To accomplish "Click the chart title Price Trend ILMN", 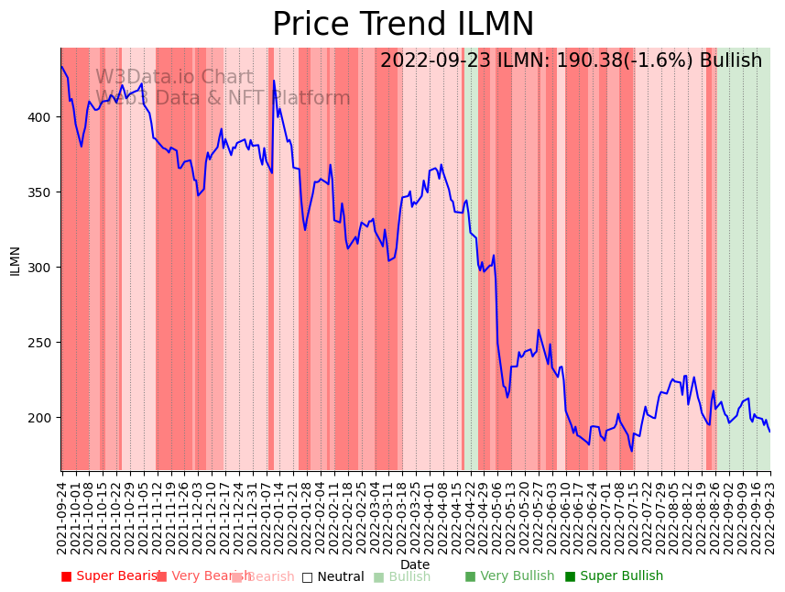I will coord(403,25).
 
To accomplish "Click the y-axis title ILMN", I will coord(16,260).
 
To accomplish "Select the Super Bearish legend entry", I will coord(110,576).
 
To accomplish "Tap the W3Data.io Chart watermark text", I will coord(174,78).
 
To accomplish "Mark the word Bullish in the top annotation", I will coord(730,61).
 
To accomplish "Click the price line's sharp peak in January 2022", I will coord(273,81).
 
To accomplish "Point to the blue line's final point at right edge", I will coord(769,432).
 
